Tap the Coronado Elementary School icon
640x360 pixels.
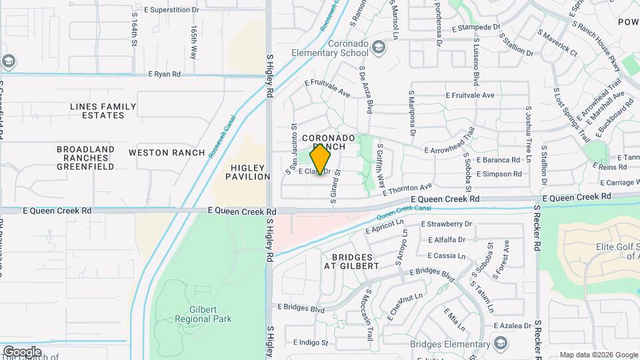click(x=379, y=47)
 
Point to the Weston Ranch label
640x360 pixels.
click(x=167, y=153)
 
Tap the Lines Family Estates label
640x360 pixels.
click(x=103, y=111)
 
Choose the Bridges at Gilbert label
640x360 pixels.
click(x=351, y=261)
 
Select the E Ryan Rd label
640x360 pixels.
click(x=164, y=75)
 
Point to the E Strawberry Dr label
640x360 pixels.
click(x=447, y=224)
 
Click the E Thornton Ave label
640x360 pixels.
click(x=409, y=189)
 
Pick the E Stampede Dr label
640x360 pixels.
click(x=475, y=28)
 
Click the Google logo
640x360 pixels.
click(x=22, y=351)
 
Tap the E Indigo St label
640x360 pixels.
click(x=311, y=342)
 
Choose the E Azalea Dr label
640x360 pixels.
click(x=513, y=325)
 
